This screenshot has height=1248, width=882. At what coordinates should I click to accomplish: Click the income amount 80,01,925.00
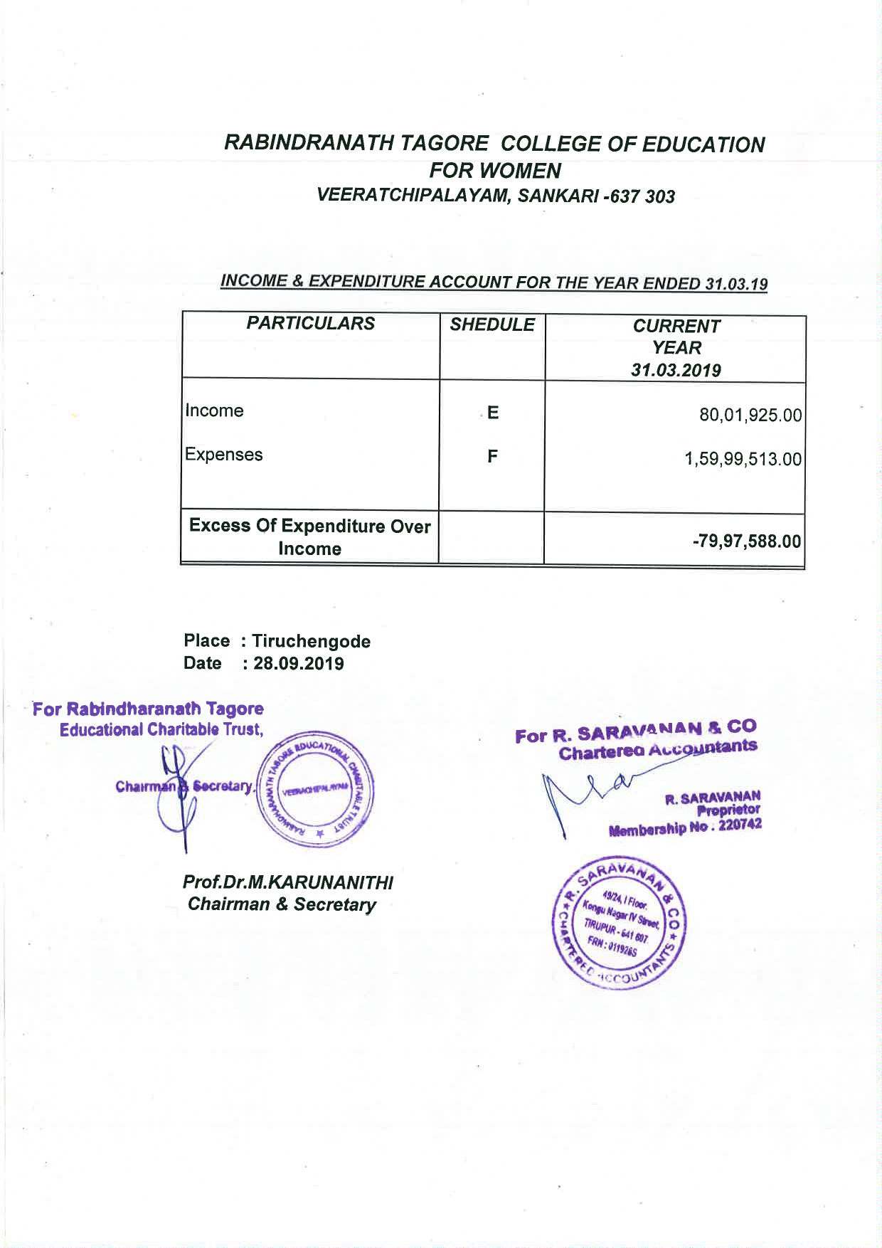click(x=750, y=415)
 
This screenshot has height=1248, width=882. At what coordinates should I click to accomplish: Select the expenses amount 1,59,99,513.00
click(x=743, y=459)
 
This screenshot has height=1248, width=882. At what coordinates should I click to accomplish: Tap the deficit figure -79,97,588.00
click(x=747, y=541)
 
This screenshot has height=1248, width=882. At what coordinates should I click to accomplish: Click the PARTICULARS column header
click(x=310, y=324)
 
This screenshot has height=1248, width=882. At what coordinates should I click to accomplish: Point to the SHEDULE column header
click(x=492, y=324)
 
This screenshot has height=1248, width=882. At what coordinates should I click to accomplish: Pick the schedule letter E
click(x=493, y=413)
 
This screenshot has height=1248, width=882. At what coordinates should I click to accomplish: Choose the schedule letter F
click(x=492, y=456)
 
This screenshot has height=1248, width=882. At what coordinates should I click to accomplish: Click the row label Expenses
click(x=224, y=455)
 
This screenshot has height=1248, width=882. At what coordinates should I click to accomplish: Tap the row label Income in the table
click(x=214, y=411)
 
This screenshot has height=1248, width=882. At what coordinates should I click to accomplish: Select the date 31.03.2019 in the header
click(x=676, y=370)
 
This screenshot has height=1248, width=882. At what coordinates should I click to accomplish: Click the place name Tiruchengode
click(x=311, y=641)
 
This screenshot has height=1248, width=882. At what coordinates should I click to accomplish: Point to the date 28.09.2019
click(x=299, y=664)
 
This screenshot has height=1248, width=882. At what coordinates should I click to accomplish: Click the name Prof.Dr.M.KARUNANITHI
click(x=287, y=882)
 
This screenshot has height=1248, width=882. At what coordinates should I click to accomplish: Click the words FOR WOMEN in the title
click(x=496, y=171)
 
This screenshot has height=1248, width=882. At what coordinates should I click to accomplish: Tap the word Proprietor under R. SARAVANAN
click(x=728, y=810)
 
